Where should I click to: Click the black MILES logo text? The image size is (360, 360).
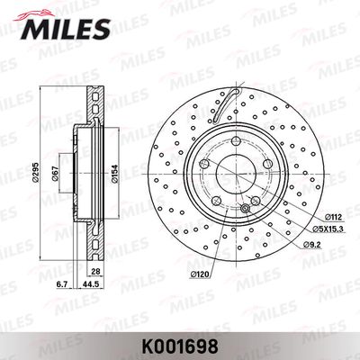point(66,29)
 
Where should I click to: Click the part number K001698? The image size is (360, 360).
point(180,347)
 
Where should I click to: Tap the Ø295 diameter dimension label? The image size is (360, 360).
point(35,172)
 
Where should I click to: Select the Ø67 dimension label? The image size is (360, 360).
point(55,174)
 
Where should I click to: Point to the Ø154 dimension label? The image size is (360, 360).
point(114,174)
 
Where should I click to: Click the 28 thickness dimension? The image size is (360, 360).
point(95,272)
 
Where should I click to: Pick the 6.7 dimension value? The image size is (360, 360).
point(62,284)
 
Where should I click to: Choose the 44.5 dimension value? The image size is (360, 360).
point(89,284)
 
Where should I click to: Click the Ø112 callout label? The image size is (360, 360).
point(333,217)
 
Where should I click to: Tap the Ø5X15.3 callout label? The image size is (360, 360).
point(328,229)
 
